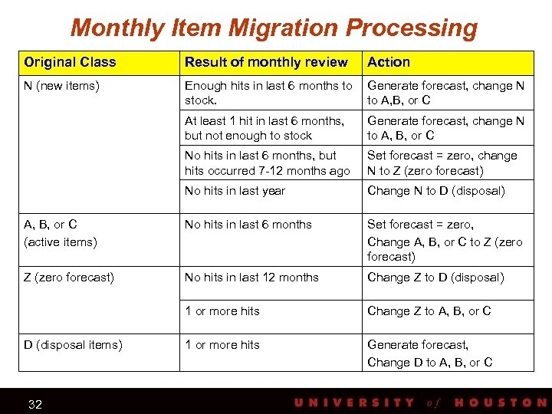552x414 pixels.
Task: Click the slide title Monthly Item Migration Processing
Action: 274,28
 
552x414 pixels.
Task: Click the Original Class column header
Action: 70,62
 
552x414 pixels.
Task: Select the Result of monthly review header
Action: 266,62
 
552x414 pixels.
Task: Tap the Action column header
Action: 389,62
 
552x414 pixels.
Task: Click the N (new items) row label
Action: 61,86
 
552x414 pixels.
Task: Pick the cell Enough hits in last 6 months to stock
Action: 268,93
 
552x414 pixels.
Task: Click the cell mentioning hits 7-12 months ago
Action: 267,163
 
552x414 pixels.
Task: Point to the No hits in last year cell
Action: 235,191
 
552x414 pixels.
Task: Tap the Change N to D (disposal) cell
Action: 436,191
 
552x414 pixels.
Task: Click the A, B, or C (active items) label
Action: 60,233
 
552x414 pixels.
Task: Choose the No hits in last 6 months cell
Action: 248,225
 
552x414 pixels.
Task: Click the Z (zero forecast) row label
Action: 69,278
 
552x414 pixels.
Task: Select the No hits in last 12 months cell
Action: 251,278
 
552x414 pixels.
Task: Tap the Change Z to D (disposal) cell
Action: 435,278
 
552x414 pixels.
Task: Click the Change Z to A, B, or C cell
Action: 429,311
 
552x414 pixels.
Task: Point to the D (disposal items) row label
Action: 73,345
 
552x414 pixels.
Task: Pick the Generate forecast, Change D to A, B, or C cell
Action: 429,353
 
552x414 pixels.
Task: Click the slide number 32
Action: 34,404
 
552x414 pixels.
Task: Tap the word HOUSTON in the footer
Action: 501,402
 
